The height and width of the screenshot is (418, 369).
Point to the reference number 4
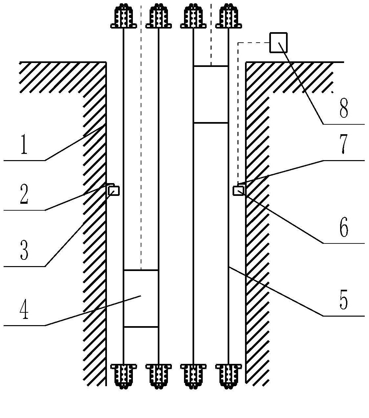tap(24, 309)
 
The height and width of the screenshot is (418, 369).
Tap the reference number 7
tap(343, 145)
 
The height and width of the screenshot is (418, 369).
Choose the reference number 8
tap(343, 108)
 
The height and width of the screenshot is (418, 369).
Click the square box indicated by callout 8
tap(278, 43)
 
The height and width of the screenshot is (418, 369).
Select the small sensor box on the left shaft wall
tap(114, 191)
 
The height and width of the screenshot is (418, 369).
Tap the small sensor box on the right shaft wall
tap(238, 191)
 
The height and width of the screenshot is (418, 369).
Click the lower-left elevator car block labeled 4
tap(141, 298)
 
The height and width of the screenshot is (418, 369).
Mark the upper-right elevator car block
tap(211, 94)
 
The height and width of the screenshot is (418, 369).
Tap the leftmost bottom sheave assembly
tap(123, 376)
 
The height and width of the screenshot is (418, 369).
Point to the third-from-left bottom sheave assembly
tap(194, 376)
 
